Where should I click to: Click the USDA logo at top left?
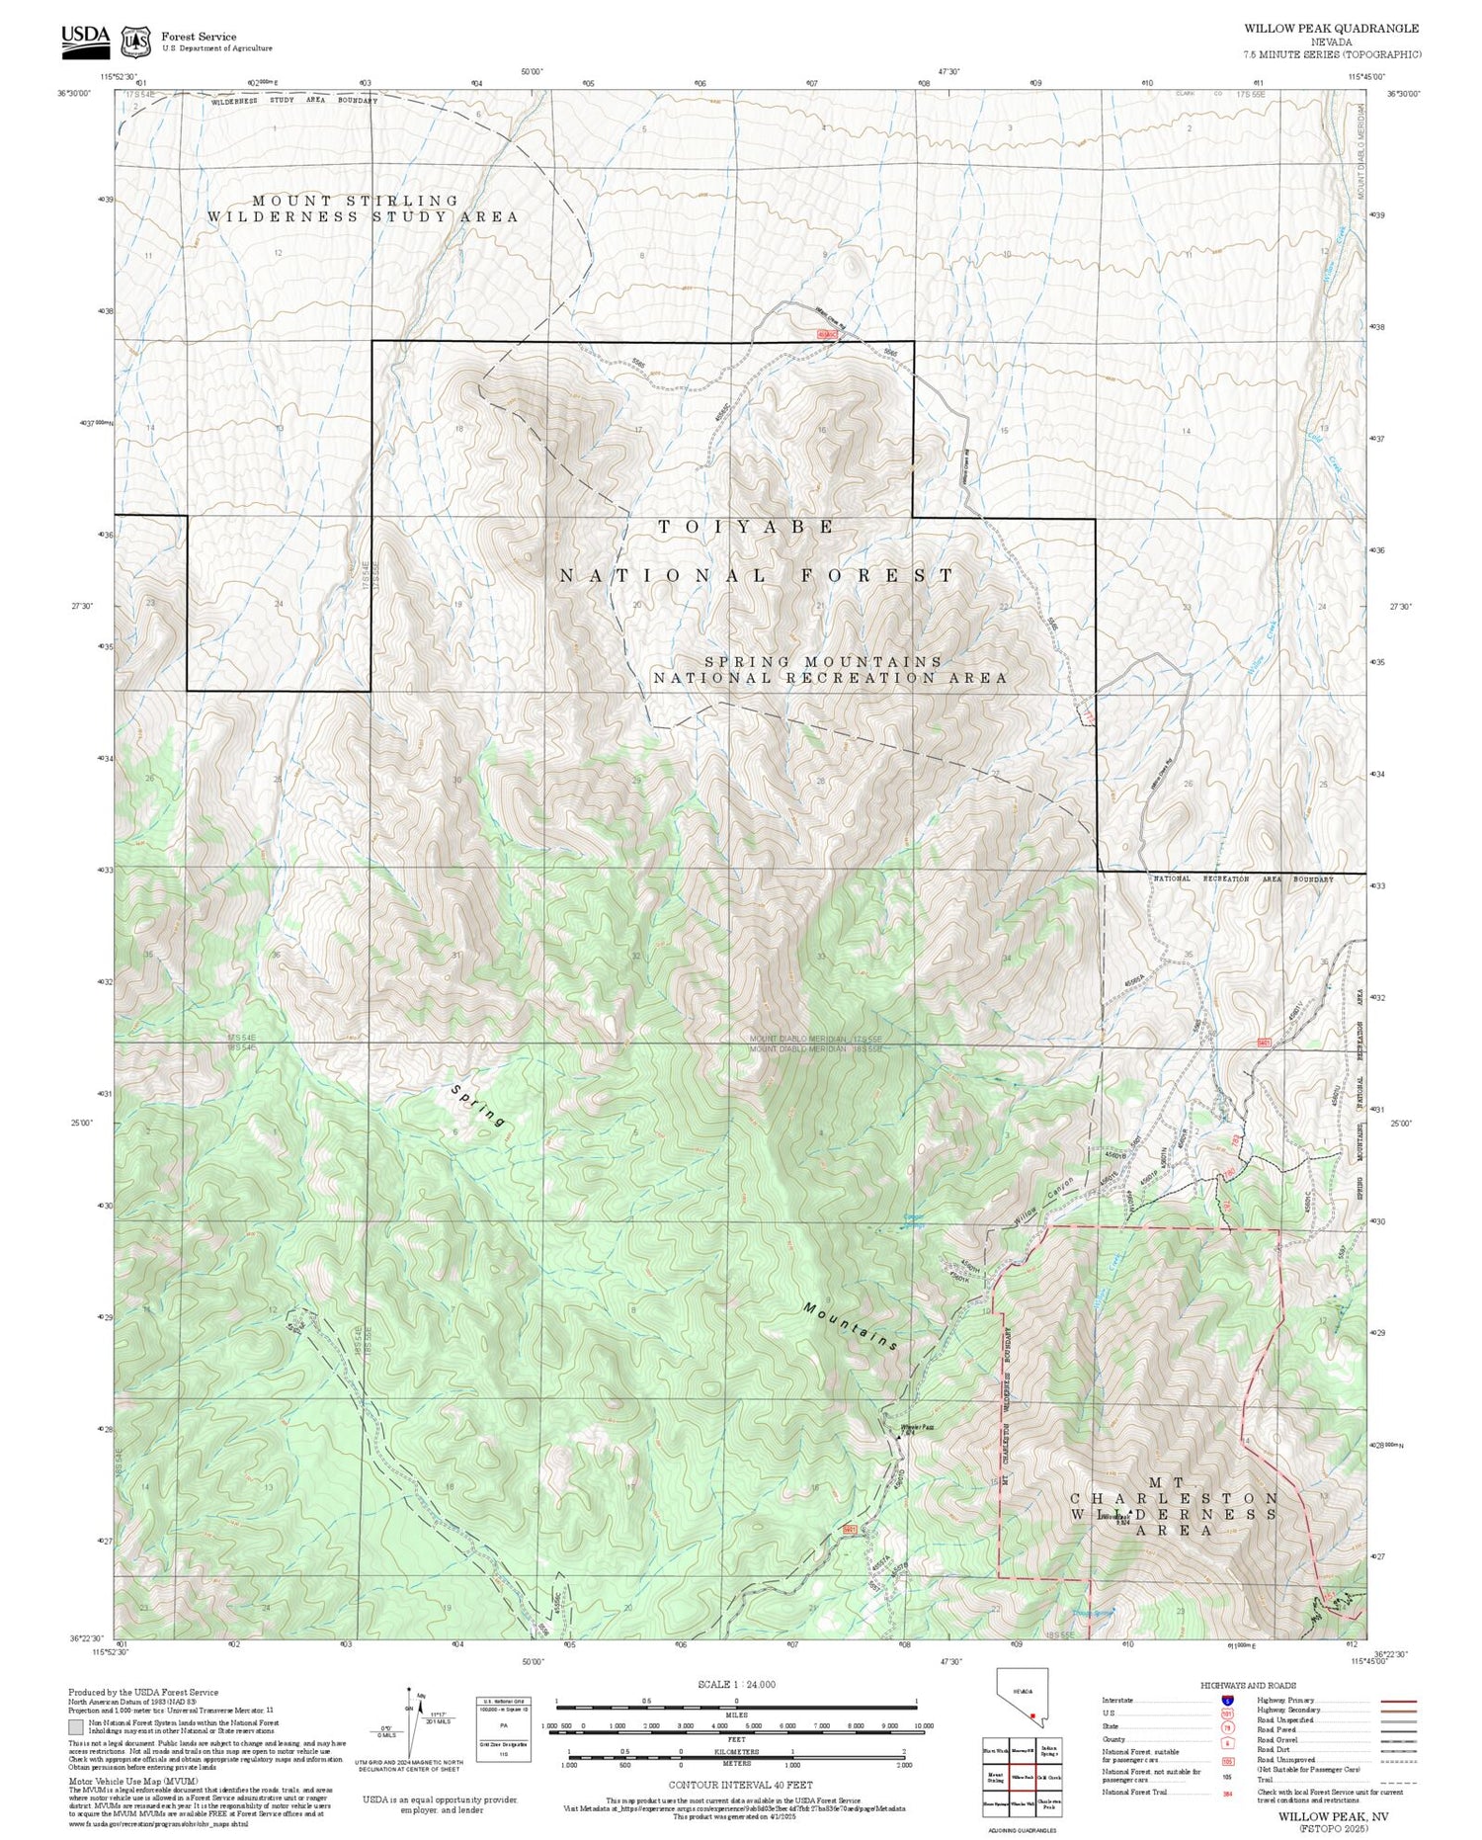(86, 37)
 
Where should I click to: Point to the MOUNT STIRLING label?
(356, 201)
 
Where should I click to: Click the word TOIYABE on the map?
(748, 528)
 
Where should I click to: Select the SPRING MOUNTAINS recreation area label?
(823, 661)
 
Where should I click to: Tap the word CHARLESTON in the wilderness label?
(1175, 1498)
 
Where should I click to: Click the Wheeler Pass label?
(917, 1428)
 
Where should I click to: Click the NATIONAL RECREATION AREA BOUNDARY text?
(1243, 878)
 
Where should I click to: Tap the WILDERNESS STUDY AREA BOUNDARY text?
(293, 101)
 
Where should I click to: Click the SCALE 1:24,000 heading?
(736, 1685)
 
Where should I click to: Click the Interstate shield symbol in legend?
(1226, 1701)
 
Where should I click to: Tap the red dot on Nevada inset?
(1030, 1715)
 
